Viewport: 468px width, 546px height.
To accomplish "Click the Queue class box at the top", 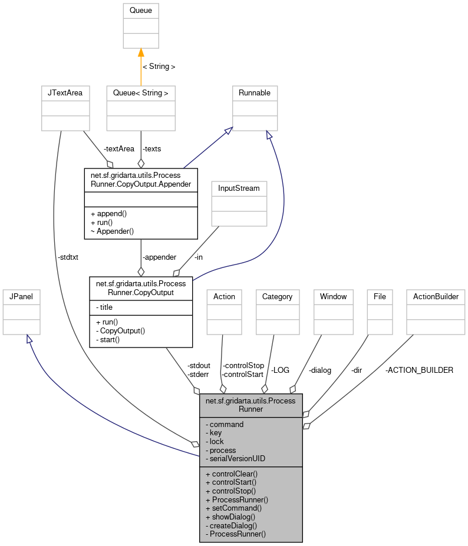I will coord(141,11).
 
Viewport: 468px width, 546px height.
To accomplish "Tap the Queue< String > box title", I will coord(141,93).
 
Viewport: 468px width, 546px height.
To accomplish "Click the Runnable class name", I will coord(255,93).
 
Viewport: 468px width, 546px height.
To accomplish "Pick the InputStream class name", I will coord(239,188).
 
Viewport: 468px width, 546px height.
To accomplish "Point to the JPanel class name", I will coord(21,296).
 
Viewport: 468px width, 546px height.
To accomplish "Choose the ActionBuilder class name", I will coord(436,296).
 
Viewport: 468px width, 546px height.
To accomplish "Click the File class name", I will coord(380,296).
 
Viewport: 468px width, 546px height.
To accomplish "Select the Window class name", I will coord(334,296).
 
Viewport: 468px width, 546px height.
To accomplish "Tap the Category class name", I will coord(277,296).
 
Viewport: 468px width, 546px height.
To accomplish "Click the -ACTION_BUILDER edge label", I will coord(419,370).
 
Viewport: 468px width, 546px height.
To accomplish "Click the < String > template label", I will coord(159,67).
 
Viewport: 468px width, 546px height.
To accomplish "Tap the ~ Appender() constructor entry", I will coord(112,231).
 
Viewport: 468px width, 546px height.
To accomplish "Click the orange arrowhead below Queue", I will coord(141,52).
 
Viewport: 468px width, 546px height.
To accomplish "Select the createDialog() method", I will coord(232,525).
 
